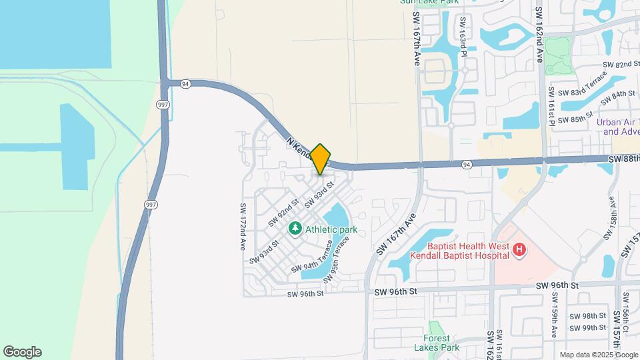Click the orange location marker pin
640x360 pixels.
[320, 159]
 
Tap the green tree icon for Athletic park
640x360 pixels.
[295, 229]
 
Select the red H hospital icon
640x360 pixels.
[520, 251]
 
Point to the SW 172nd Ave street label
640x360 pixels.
[243, 227]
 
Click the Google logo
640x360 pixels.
[22, 352]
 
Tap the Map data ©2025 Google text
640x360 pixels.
[597, 355]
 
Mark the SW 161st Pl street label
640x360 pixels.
[552, 106]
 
